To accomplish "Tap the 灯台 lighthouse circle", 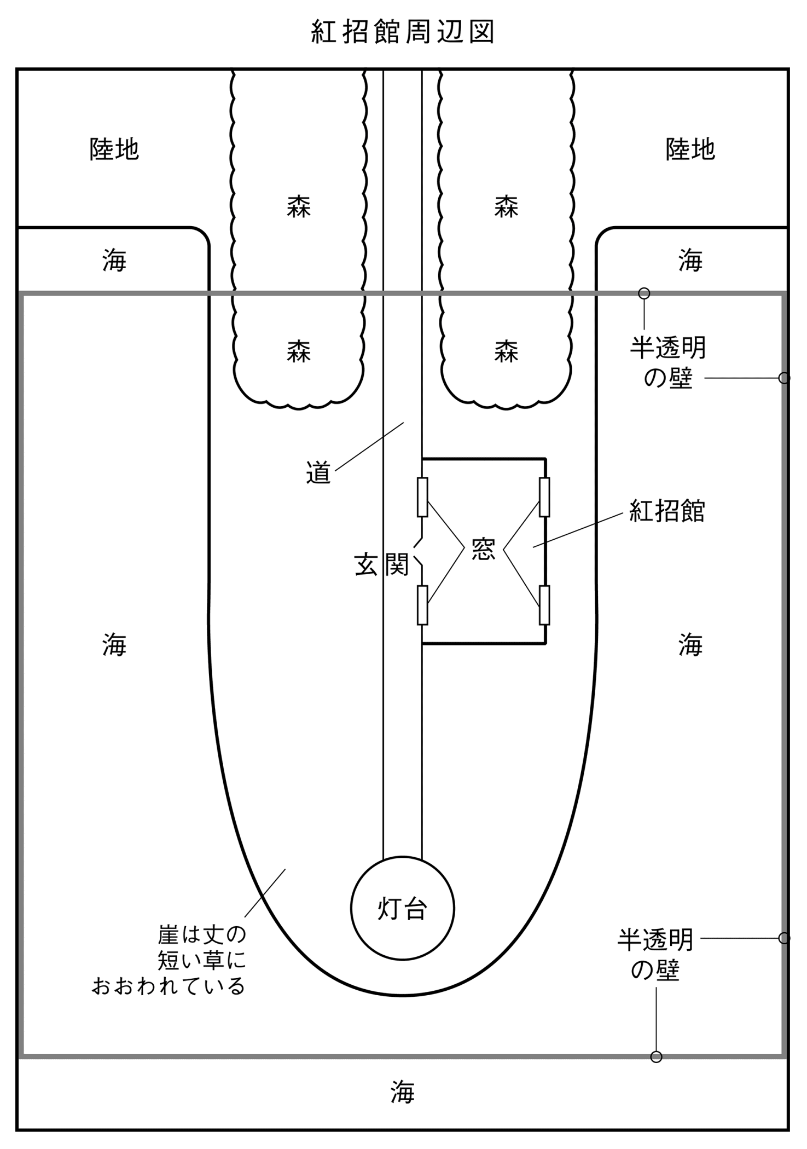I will [402, 908].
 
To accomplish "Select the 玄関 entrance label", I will [381, 564].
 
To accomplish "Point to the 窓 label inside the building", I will [483, 549].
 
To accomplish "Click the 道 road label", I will [318, 472].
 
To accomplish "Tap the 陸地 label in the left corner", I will [114, 149].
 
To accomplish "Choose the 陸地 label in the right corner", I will [690, 149].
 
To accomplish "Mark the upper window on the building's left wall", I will [422, 497].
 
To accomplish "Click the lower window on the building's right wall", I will [544, 605].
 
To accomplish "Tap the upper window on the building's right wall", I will [544, 497].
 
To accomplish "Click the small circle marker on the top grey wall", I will [644, 293].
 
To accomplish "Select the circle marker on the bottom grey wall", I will [656, 1056].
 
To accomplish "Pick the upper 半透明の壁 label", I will [667, 362].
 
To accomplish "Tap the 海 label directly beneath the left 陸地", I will [114, 260].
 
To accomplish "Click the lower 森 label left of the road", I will [299, 351].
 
